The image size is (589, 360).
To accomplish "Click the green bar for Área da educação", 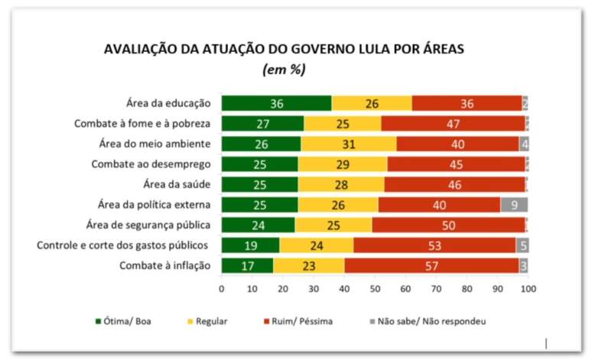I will tap(276, 104).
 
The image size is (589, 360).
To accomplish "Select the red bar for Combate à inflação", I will tap(434, 265).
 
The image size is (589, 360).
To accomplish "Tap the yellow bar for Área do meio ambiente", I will tap(349, 144).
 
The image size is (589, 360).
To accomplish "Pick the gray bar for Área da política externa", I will tap(514, 205).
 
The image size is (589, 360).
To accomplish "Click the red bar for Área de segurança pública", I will tap(449, 225).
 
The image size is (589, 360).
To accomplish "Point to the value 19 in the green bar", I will tap(250, 245).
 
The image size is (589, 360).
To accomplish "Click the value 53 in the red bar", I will tap(434, 245).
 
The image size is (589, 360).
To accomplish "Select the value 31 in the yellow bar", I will tap(349, 144).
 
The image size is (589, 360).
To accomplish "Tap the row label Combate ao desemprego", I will tap(151, 164).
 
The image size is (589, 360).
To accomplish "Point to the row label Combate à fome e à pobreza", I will tap(142, 123).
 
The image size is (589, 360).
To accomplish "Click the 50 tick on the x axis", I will tap(375, 289).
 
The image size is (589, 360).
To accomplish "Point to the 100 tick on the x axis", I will tap(528, 289).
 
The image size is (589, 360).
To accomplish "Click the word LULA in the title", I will tap(371, 50).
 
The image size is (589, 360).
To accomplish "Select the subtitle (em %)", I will tap(284, 70).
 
